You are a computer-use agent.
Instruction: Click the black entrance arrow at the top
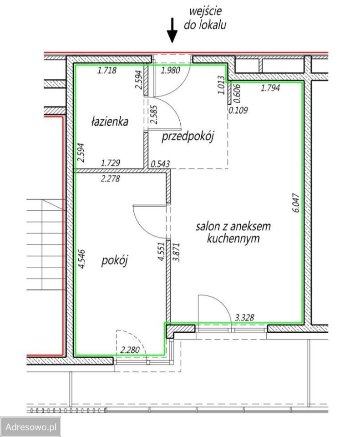coord(172,30)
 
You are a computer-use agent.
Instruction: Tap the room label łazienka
coord(110,122)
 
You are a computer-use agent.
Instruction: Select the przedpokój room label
coord(188,137)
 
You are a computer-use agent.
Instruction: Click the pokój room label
coord(114,261)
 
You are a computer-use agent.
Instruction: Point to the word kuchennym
coord(233,239)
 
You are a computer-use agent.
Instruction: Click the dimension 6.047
coord(296,203)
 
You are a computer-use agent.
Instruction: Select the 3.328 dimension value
coord(244,317)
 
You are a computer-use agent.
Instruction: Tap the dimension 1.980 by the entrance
coord(171,70)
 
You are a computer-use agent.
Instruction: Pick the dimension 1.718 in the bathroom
coord(106,70)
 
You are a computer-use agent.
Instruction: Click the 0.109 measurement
coord(238,110)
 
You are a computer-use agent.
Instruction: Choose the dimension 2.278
coord(110,178)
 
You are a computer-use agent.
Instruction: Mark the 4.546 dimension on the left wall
coord(81,259)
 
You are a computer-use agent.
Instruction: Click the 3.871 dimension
coord(177,252)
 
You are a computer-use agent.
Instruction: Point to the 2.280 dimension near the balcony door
coord(130,350)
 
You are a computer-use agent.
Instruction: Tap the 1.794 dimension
coord(270,88)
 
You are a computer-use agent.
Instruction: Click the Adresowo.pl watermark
coord(30,427)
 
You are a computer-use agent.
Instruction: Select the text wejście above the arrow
coord(205,11)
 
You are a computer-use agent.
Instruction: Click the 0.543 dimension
coord(160,163)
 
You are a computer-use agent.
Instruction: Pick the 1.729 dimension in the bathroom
coord(110,163)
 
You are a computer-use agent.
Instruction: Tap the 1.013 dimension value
coord(221,85)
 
